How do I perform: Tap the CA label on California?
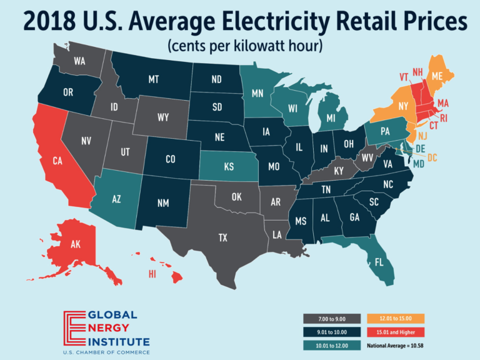pyautogui.click(x=57, y=161)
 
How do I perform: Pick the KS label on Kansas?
pyautogui.click(x=226, y=168)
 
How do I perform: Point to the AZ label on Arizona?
pyautogui.click(x=116, y=199)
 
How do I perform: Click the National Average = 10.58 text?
pyautogui.click(x=401, y=344)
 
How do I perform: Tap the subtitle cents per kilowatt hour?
pyautogui.click(x=239, y=46)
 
